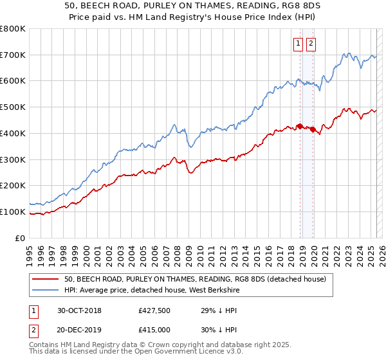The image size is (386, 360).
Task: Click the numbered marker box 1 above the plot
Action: pyautogui.click(x=299, y=44)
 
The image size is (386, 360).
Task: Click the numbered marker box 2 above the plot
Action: pyautogui.click(x=311, y=44)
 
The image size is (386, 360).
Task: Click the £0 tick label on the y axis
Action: pyautogui.click(x=20, y=238)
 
